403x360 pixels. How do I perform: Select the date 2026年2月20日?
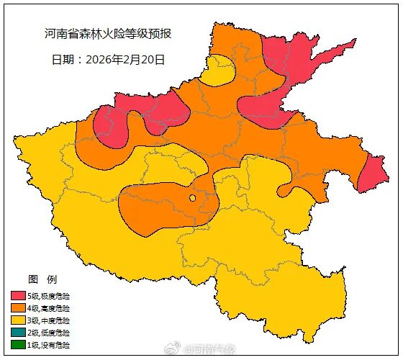(125, 60)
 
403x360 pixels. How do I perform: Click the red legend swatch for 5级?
(18, 296)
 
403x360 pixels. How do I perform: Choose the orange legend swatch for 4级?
(18, 308)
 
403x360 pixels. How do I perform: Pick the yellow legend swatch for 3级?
(18, 320)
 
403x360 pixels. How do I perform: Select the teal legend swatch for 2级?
(18, 333)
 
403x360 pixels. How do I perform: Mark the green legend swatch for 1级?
(18, 345)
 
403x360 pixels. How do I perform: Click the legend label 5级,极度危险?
(49, 296)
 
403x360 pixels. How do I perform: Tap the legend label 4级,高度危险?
(49, 308)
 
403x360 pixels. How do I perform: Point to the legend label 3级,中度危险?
(49, 320)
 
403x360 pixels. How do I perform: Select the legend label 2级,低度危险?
(49, 333)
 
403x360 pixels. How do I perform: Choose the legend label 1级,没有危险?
(49, 345)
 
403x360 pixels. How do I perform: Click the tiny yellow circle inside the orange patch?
(192, 198)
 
